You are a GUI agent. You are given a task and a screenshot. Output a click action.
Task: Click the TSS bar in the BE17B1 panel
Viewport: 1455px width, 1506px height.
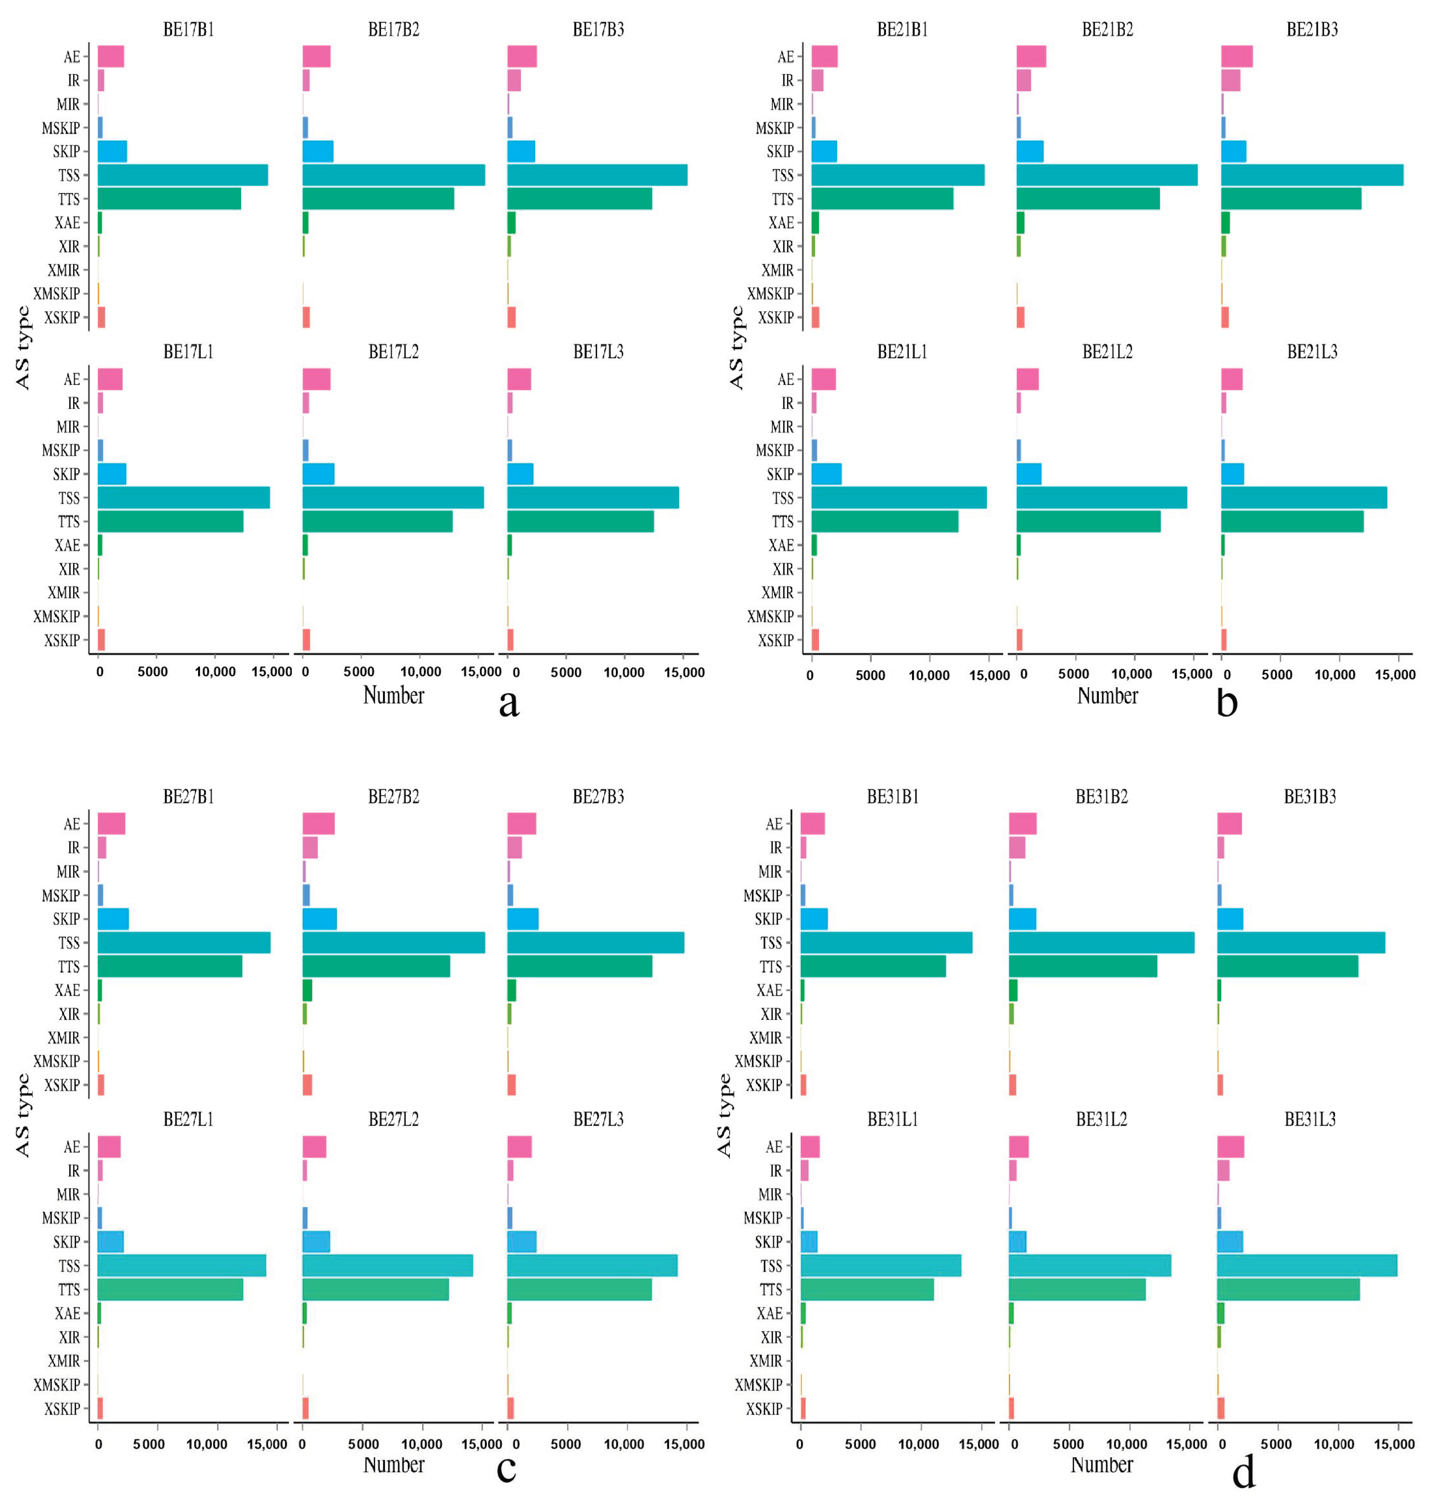[182, 175]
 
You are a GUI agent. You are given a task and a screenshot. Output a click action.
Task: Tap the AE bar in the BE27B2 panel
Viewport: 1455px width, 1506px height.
[318, 824]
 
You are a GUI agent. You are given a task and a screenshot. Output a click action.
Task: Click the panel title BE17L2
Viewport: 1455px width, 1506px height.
[393, 352]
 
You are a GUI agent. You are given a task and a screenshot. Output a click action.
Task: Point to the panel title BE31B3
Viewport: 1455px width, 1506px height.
[1309, 797]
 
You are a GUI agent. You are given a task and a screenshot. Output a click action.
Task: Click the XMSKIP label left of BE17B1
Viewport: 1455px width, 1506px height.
[56, 293]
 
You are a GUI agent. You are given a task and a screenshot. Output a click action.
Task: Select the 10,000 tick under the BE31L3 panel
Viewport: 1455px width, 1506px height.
[1334, 1444]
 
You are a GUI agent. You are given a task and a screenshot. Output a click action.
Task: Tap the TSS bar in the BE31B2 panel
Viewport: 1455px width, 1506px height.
[1101, 943]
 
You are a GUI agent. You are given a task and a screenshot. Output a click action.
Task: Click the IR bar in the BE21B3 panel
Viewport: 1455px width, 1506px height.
[1230, 80]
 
